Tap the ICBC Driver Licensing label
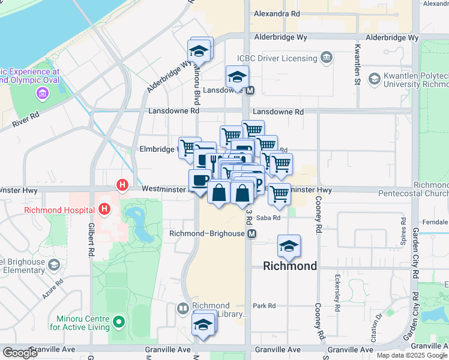pos(277,58)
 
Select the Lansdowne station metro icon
pos(250,91)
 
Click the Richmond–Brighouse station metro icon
pos(252,233)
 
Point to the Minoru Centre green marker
pos(119,322)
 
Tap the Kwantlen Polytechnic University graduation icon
pos(375,79)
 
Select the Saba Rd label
pos(268,218)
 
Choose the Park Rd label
pos(264,305)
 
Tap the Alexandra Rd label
pos(277,13)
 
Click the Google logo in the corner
pos(20,353)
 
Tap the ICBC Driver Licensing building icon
pos(327,58)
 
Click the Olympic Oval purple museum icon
pos(42,93)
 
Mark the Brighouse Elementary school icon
pos(54,265)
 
